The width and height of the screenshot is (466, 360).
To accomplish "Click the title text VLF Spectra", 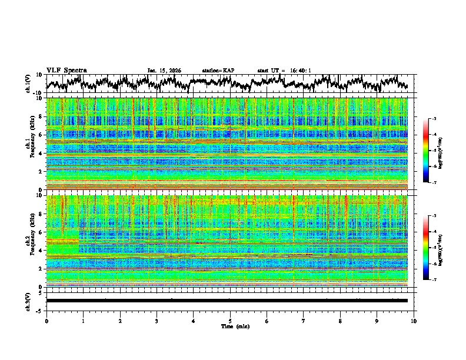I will point(66,70).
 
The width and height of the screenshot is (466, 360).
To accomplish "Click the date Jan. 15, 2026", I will point(164,71).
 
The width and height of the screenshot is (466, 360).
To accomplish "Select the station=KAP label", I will point(218,71).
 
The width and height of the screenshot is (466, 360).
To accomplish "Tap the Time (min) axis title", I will point(229,326).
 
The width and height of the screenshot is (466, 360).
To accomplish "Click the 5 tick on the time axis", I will point(230,321).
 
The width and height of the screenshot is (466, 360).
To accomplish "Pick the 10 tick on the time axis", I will point(414,321).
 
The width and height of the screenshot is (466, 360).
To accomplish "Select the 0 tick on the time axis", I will point(46,321).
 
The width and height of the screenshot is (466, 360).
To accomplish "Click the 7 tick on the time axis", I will point(304,321).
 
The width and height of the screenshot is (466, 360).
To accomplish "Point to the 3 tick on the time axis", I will point(157,321).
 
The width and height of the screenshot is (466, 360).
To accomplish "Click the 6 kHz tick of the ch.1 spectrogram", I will point(41,135).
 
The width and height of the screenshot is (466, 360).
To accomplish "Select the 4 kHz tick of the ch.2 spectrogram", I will point(41,251).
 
